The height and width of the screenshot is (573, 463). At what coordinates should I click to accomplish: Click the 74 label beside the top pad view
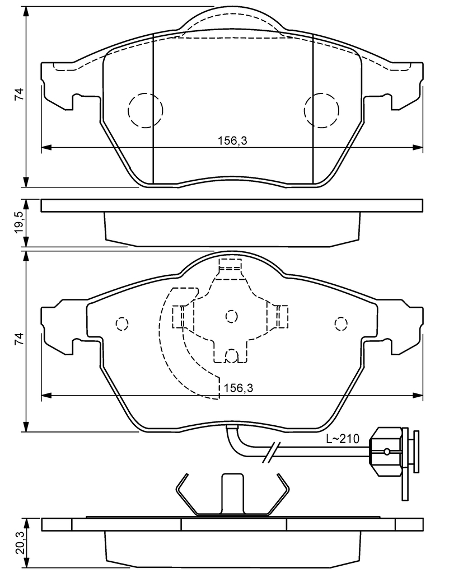(x=19, y=94)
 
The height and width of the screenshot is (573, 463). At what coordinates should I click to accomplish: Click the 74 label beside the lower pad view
(x=19, y=338)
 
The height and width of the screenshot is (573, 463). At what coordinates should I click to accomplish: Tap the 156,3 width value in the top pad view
(x=232, y=141)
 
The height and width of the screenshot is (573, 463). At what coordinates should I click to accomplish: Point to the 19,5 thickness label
(x=19, y=223)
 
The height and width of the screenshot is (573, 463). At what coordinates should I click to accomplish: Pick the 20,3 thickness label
(x=19, y=542)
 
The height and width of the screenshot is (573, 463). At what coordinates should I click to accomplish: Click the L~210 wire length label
(x=343, y=439)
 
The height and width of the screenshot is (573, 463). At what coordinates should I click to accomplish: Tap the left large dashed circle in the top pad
(x=145, y=109)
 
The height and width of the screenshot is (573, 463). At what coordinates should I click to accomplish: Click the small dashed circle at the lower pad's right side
(x=340, y=323)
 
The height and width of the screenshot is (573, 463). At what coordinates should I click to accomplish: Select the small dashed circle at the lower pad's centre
(x=231, y=317)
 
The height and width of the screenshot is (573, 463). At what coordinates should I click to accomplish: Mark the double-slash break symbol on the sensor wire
(x=270, y=453)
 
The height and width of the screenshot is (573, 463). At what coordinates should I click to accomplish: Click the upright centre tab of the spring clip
(x=232, y=492)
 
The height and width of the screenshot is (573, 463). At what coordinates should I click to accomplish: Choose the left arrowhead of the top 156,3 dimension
(x=46, y=148)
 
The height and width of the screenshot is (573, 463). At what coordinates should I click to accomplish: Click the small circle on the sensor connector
(x=386, y=451)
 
